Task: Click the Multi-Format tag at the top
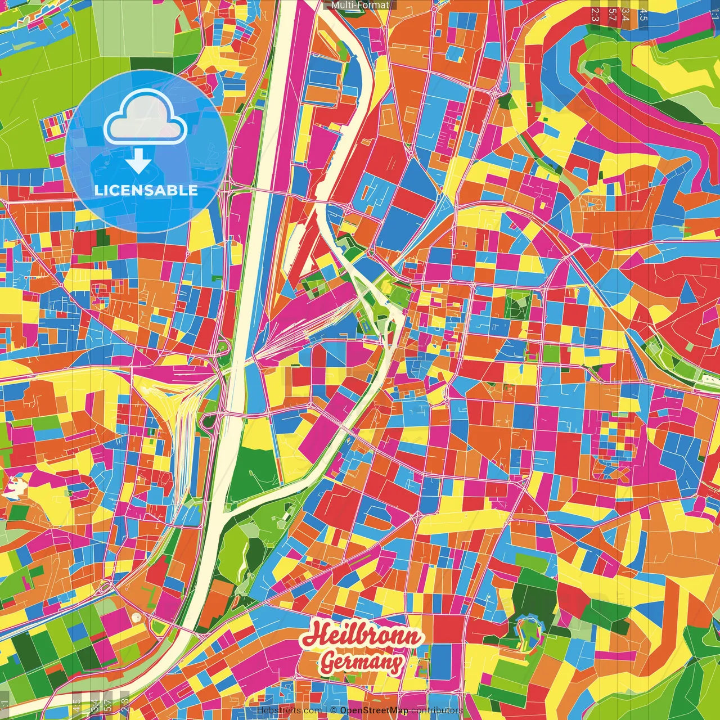pyautogui.click(x=360, y=5)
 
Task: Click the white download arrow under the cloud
pyautogui.click(x=138, y=161)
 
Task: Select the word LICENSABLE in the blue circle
pyautogui.click(x=146, y=190)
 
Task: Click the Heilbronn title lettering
pyautogui.click(x=363, y=636)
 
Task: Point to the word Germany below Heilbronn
pyautogui.click(x=362, y=663)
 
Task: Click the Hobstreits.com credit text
pyautogui.click(x=289, y=710)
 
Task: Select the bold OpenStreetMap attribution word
pyautogui.click(x=373, y=710)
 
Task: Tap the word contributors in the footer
pyautogui.click(x=436, y=710)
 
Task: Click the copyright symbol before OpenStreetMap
pyautogui.click(x=334, y=710)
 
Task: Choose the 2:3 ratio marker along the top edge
pyautogui.click(x=595, y=14)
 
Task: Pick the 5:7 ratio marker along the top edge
pyautogui.click(x=612, y=14)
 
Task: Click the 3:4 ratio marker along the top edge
pyautogui.click(x=625, y=14)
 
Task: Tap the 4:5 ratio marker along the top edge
pyautogui.click(x=643, y=14)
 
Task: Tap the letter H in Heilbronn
pyautogui.click(x=318, y=634)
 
